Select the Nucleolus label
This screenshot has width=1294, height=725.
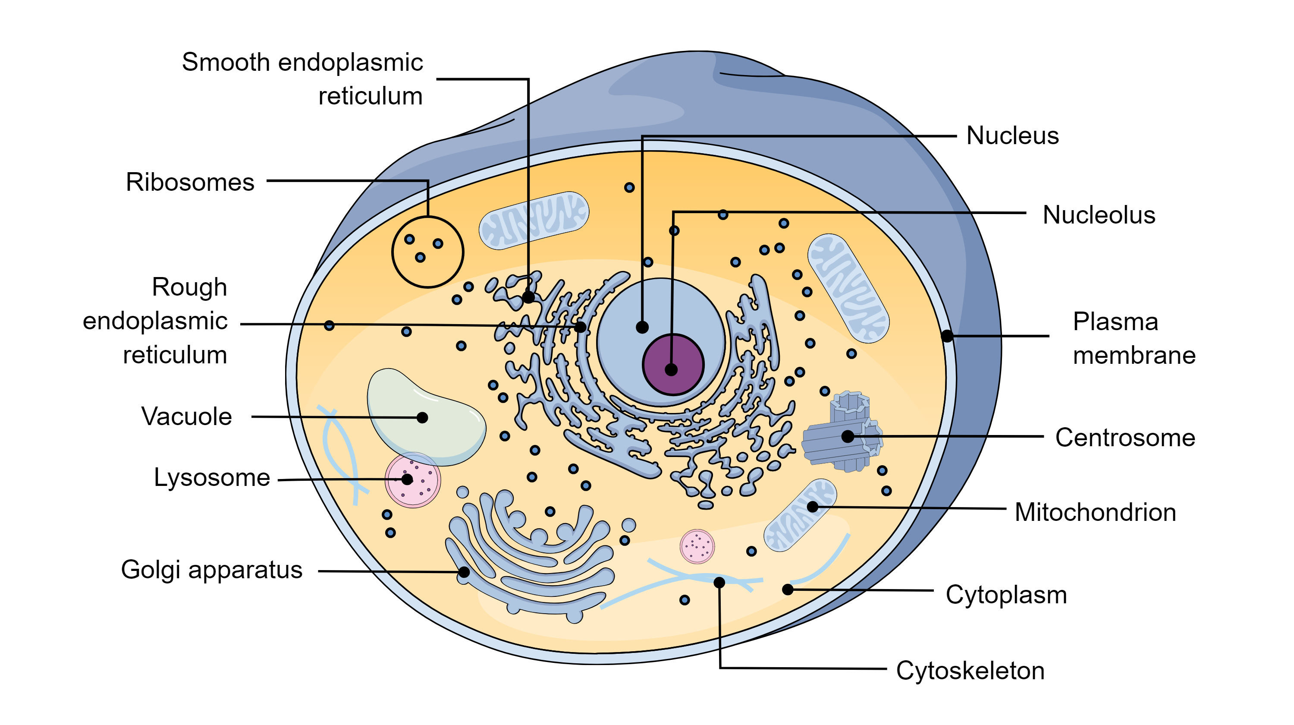[x=1098, y=215]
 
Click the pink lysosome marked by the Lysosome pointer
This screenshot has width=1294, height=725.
[x=412, y=479]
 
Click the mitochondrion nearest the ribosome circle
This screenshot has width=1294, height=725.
[x=534, y=220]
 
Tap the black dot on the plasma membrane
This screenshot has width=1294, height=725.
[x=946, y=336]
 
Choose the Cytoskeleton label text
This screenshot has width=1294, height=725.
[x=970, y=670]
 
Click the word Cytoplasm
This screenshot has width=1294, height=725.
[x=1006, y=594]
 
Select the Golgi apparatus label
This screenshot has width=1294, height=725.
[x=211, y=570]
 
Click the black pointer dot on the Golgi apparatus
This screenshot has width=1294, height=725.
[x=464, y=571]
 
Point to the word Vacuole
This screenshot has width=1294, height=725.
[x=186, y=416]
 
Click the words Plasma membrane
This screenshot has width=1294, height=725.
[x=1133, y=338]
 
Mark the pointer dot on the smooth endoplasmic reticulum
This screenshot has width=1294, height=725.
[x=528, y=297]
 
